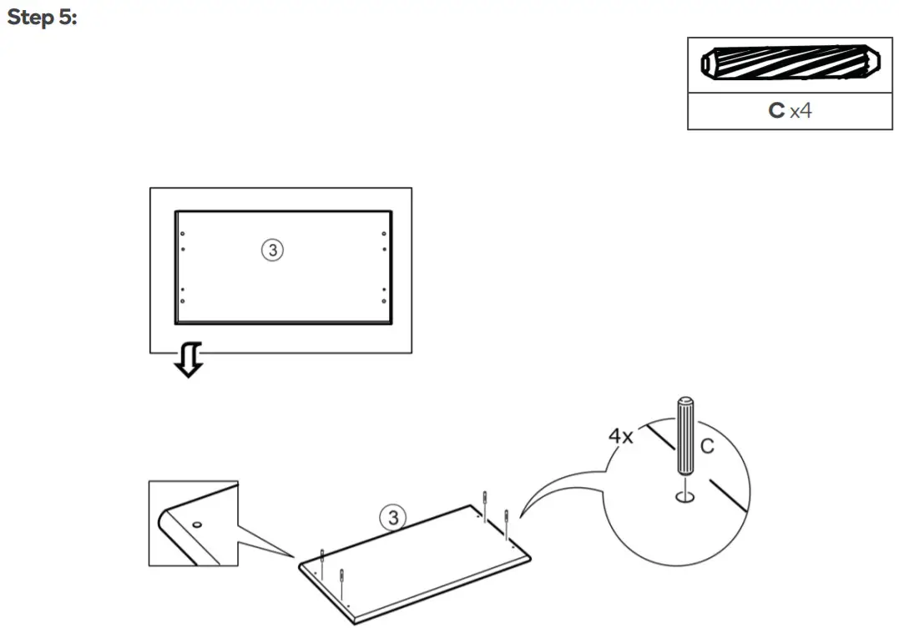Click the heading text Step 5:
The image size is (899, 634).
pos(41,18)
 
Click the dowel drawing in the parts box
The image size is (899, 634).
pos(790,63)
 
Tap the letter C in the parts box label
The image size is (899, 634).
pos(776,110)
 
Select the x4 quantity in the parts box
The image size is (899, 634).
pos(801,110)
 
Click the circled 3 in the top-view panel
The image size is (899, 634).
pos(272,249)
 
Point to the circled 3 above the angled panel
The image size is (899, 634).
pos(391,518)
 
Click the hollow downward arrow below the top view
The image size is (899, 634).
pos(189,360)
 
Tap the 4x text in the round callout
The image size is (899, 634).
pos(620,436)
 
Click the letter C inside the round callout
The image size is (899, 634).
pos(707,447)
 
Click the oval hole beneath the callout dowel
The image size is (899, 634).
pos(685,498)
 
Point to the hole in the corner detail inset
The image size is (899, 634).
pos(197,525)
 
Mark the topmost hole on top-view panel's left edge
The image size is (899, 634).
pos(183,234)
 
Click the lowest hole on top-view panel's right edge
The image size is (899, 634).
pos(384,301)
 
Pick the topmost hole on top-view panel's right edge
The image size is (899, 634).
pos(384,234)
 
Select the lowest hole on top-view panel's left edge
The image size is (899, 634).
pos(183,301)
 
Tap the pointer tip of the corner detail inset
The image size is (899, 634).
pos(295,556)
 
